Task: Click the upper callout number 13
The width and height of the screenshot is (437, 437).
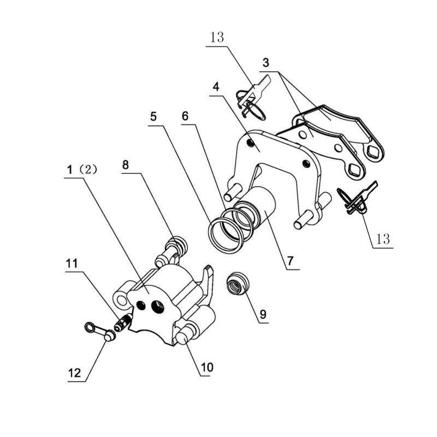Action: (217, 37)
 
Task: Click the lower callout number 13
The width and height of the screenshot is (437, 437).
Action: (383, 239)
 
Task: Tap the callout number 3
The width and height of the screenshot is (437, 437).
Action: (266, 63)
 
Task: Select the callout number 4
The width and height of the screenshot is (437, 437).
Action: (216, 87)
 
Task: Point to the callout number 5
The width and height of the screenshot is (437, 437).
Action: (153, 116)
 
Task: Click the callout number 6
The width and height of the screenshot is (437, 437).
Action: (185, 116)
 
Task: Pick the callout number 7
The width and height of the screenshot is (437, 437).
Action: (291, 261)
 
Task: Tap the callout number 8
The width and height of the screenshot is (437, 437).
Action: (126, 165)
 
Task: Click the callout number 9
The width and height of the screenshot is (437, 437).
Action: (263, 314)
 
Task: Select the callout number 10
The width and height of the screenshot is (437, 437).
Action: (207, 367)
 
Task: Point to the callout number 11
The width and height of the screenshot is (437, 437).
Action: (72, 263)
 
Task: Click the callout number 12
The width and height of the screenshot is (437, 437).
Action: (74, 373)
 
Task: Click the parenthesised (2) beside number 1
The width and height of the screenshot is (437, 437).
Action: (88, 169)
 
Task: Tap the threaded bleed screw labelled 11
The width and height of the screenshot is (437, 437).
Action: (123, 323)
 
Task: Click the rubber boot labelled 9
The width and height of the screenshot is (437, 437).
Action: (237, 282)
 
